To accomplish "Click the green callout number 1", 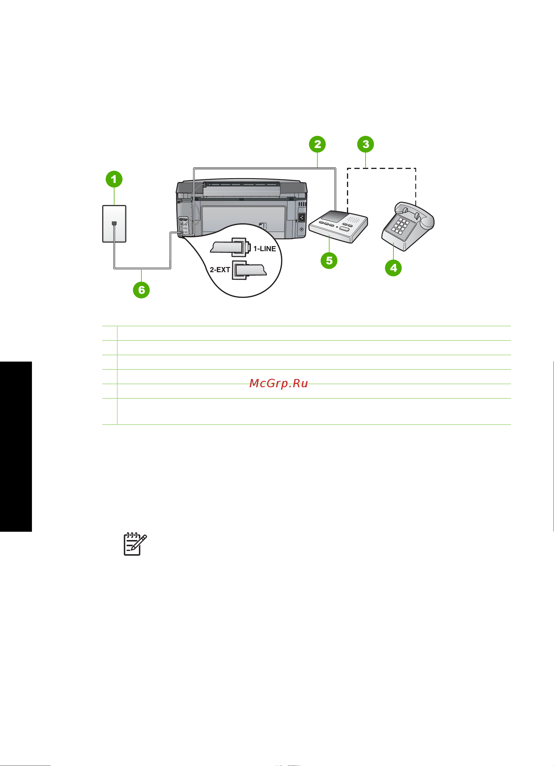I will [114, 179].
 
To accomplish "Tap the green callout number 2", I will [317, 144].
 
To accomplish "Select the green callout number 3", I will [366, 144].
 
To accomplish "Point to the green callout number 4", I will [393, 268].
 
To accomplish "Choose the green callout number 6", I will [141, 290].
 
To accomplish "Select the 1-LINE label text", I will [264, 249].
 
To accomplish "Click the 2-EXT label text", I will [220, 269].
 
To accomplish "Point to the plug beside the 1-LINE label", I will [230, 247].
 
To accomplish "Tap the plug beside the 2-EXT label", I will [250, 270].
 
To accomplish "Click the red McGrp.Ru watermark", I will [278, 383].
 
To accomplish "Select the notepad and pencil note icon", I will [135, 544].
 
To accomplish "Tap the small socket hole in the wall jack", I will [114, 224].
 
